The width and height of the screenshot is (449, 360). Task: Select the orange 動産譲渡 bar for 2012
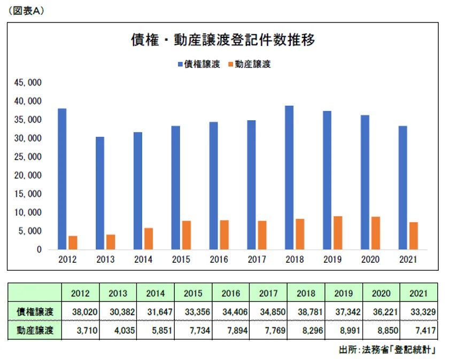click(x=73, y=242)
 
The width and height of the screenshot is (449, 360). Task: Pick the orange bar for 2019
click(x=338, y=233)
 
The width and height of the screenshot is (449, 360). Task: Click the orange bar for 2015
click(x=186, y=235)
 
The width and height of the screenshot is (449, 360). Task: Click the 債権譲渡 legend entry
click(x=199, y=64)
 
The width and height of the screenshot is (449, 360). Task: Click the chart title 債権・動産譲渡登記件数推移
click(x=223, y=41)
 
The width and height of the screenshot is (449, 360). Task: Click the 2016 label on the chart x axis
click(x=219, y=260)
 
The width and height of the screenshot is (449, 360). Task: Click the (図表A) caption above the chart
click(x=24, y=10)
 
